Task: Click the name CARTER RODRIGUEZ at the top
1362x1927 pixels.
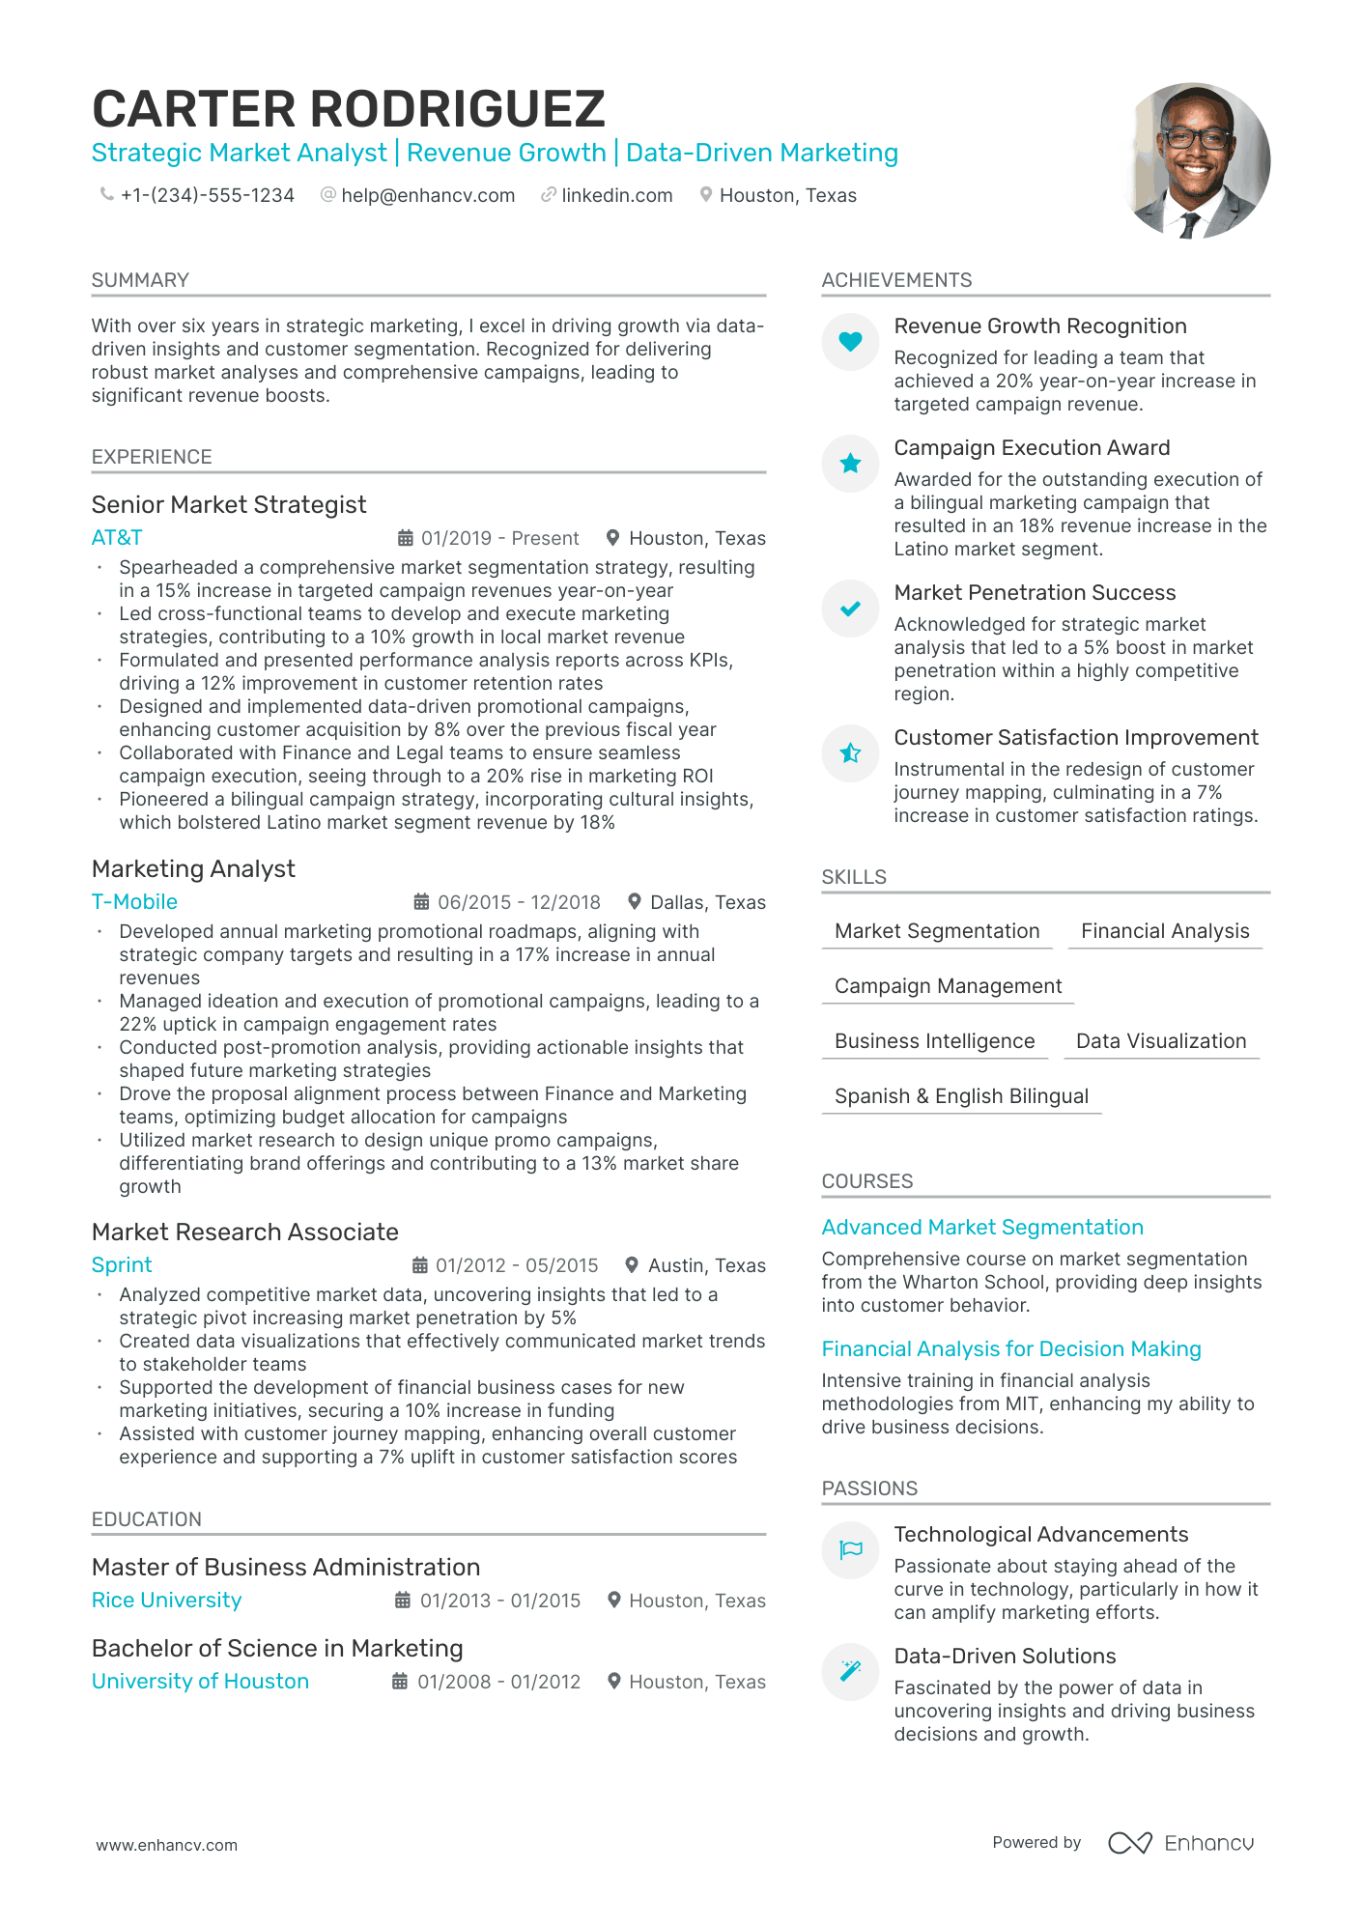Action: pyautogui.click(x=349, y=109)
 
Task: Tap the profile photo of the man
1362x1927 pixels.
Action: pyautogui.click(x=1195, y=160)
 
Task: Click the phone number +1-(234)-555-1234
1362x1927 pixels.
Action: pyautogui.click(x=207, y=195)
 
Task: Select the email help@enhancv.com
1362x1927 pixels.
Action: pyautogui.click(x=428, y=195)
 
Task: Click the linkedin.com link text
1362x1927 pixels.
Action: pyautogui.click(x=616, y=195)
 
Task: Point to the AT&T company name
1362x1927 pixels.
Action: pyautogui.click(x=117, y=538)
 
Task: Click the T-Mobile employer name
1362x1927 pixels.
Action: pyautogui.click(x=134, y=902)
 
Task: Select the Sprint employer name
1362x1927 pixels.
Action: pyautogui.click(x=122, y=1265)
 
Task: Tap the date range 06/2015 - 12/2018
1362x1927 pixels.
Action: pyautogui.click(x=519, y=902)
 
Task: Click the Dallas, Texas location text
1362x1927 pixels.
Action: pyautogui.click(x=707, y=902)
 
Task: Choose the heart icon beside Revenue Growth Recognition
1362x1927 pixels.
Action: pyautogui.click(x=850, y=341)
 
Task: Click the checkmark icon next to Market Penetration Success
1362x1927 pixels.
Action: pyautogui.click(x=850, y=609)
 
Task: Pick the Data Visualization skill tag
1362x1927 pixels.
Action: pyautogui.click(x=1161, y=1041)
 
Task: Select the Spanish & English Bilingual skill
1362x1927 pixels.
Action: pyautogui.click(x=961, y=1096)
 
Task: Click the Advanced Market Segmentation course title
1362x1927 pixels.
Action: pyautogui.click(x=982, y=1228)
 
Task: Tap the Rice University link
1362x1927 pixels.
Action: pyautogui.click(x=166, y=1601)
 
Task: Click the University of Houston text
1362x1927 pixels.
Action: pyautogui.click(x=200, y=1682)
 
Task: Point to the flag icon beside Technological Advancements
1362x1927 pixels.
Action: pyautogui.click(x=850, y=1550)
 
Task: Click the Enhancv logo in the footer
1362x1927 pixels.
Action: pyautogui.click(x=1180, y=1843)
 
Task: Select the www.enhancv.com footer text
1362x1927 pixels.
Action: pyautogui.click(x=166, y=1845)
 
